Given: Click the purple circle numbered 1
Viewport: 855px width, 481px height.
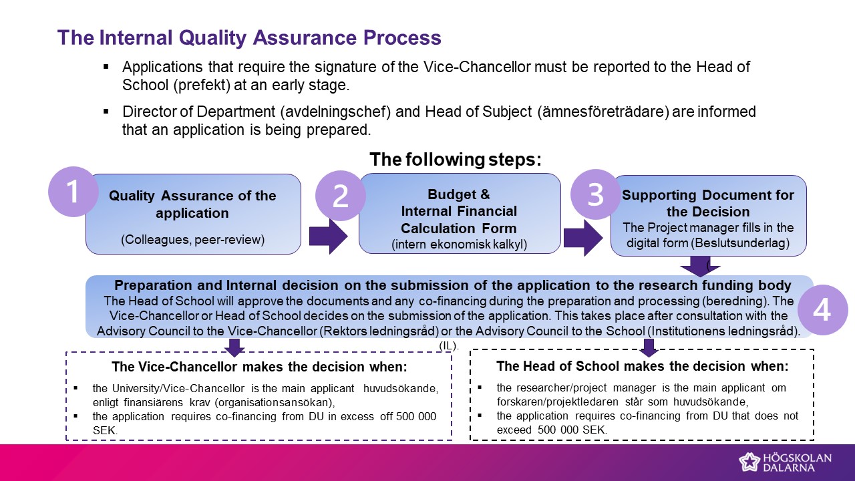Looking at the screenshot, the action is tap(73, 192).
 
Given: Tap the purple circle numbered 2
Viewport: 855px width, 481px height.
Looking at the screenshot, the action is tap(341, 196).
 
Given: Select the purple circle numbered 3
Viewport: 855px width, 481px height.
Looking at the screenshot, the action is tap(595, 194).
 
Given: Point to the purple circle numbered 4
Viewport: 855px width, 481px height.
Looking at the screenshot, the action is tap(822, 309).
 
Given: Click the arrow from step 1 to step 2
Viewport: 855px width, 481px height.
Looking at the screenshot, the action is tap(328, 236).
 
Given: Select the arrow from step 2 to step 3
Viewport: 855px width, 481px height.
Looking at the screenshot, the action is tap(583, 238).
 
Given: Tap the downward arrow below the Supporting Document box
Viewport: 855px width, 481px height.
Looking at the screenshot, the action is tap(700, 266).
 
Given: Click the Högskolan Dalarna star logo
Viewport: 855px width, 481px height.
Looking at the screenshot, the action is tap(749, 462).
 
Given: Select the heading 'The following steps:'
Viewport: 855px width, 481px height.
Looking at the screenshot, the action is tap(456, 159).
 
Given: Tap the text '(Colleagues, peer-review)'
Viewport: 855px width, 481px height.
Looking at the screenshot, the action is tap(193, 239).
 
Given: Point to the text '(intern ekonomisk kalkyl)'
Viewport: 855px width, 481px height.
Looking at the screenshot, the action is tap(459, 244).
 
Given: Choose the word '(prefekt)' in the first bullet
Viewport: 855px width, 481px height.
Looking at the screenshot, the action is tap(202, 85).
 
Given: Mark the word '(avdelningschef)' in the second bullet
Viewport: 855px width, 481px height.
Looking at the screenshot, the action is tap(335, 112).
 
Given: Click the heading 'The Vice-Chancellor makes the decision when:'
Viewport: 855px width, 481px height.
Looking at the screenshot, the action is tap(260, 367).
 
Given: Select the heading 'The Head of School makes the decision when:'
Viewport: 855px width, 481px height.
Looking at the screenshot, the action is tap(643, 366).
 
